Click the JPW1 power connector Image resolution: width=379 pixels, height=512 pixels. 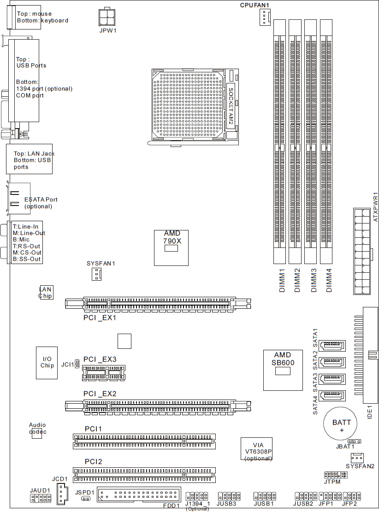107,17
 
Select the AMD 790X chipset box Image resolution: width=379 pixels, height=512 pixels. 171,248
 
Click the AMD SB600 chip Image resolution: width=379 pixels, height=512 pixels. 283,370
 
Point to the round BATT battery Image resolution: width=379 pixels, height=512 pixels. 340,424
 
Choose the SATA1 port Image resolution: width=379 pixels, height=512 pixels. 332,345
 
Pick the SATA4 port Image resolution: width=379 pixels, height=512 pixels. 332,395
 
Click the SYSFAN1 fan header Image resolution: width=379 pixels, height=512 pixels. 96,274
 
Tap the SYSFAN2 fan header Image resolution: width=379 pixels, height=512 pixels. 357,458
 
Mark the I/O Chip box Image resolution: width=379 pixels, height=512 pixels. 47,363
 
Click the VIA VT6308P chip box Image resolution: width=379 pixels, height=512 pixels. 256,449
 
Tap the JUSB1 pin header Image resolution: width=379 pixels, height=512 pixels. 265,496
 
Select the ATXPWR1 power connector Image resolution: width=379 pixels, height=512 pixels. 362,251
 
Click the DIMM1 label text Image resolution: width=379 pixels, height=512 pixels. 282,280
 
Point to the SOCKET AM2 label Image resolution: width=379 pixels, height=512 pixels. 231,106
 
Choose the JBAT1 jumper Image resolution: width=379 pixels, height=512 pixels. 354,441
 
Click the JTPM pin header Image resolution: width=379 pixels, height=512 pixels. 336,475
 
